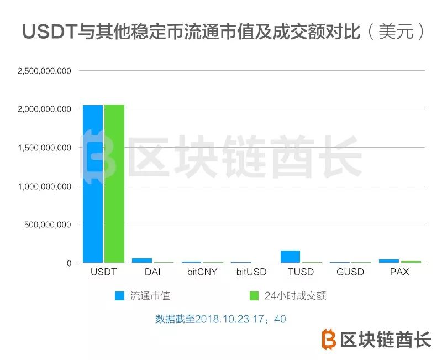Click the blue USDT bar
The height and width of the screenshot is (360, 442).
click(x=93, y=184)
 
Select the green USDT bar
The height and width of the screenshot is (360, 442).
click(x=114, y=184)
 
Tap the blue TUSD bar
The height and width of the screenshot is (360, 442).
click(x=290, y=257)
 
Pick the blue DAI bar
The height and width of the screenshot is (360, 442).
click(x=142, y=260)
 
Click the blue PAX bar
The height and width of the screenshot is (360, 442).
click(x=389, y=261)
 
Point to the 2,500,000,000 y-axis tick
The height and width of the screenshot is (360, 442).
click(x=44, y=71)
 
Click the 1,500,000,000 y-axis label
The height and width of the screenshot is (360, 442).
click(x=44, y=148)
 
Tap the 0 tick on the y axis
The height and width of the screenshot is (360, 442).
click(x=69, y=264)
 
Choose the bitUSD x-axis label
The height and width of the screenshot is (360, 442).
click(x=251, y=272)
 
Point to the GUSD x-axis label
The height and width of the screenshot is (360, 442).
click(x=350, y=272)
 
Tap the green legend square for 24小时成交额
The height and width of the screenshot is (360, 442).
click(x=255, y=296)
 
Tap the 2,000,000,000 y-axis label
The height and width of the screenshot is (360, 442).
click(x=44, y=109)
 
